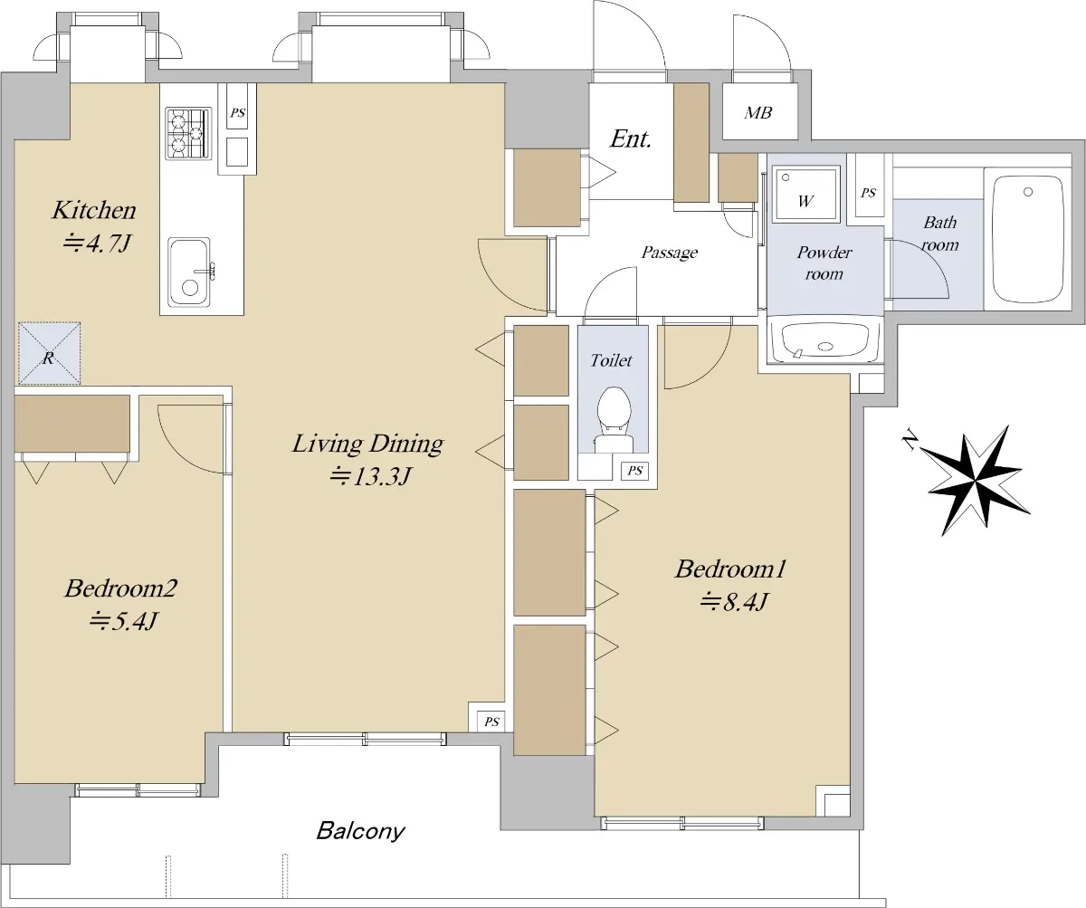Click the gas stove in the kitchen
[188, 133]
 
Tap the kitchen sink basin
[189, 272]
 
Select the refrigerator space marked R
[50, 353]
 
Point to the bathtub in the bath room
[1027, 239]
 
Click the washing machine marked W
[805, 193]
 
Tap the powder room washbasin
[824, 341]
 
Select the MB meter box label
[757, 112]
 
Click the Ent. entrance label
[631, 139]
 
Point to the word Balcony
[360, 830]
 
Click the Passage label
[670, 253]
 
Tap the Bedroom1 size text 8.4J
[733, 601]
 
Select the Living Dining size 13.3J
[371, 475]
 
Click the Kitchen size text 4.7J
[96, 243]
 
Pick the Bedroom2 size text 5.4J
[123, 620]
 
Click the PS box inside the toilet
[634, 471]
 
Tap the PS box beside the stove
[238, 113]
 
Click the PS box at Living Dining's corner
[491, 722]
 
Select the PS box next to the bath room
[869, 193]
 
